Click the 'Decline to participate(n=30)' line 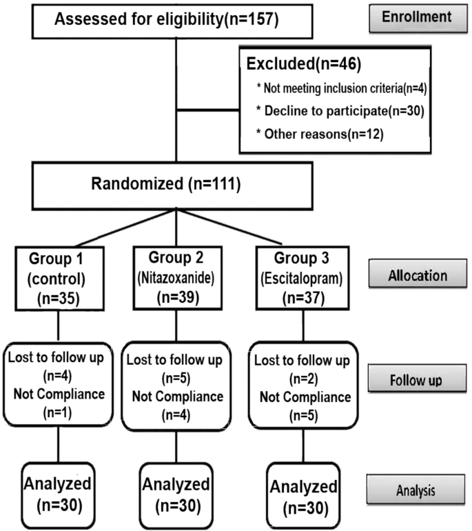pos(315,110)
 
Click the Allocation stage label pos(416,276)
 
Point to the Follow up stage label pos(416,380)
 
